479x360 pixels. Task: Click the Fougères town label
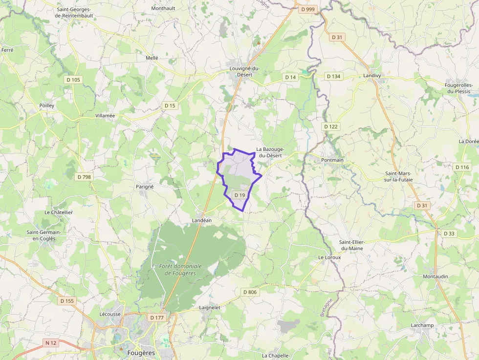[141, 353]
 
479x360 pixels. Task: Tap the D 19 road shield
[239, 195]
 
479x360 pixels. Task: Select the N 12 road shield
[51, 343]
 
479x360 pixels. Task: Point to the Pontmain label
[332, 160]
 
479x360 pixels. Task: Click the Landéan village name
[201, 221]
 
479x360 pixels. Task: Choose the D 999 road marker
[308, 9]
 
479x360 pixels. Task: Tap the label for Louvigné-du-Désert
[244, 71]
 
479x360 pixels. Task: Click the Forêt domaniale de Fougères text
[180, 270]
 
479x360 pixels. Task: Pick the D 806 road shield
[249, 292]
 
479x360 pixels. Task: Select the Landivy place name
[372, 76]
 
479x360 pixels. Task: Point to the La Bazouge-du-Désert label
[269, 152]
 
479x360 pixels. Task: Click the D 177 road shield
[157, 318]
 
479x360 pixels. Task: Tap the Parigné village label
[145, 187]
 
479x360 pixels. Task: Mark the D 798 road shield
[84, 177]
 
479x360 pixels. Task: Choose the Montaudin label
[435, 276]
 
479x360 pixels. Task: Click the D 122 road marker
[331, 127]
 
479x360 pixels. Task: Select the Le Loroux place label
[329, 257]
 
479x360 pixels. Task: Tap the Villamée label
[105, 116]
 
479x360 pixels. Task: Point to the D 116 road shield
[462, 167]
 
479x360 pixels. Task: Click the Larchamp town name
[422, 325]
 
